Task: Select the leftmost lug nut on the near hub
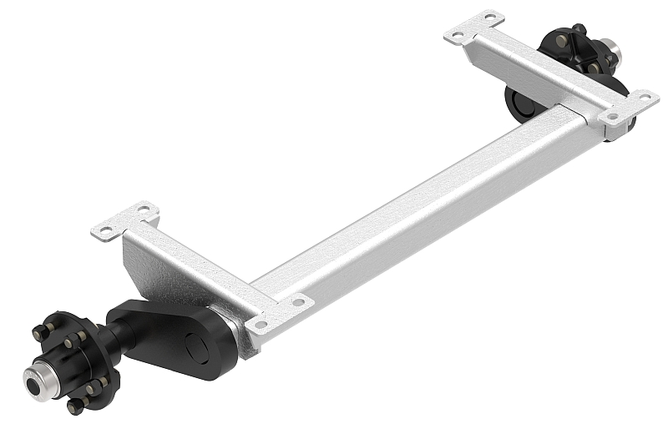coord(38,332)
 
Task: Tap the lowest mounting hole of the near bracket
coord(261,325)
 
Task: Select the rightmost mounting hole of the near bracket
coord(296,301)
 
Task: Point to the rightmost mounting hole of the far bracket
coord(643,98)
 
